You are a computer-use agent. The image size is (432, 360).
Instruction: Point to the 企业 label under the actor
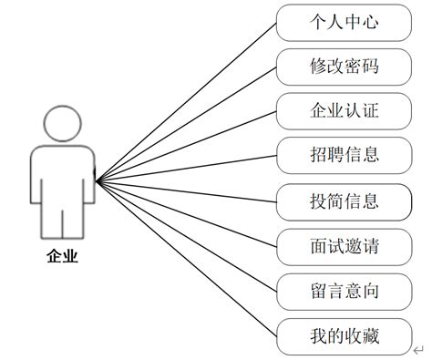(63, 258)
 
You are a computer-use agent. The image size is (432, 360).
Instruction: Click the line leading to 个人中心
(187, 100)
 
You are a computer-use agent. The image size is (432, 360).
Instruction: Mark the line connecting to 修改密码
(187, 122)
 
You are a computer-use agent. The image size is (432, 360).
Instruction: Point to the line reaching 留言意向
(187, 234)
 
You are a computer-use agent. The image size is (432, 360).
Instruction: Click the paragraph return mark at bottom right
(417, 350)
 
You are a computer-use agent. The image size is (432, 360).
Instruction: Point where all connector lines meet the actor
(96, 178)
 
